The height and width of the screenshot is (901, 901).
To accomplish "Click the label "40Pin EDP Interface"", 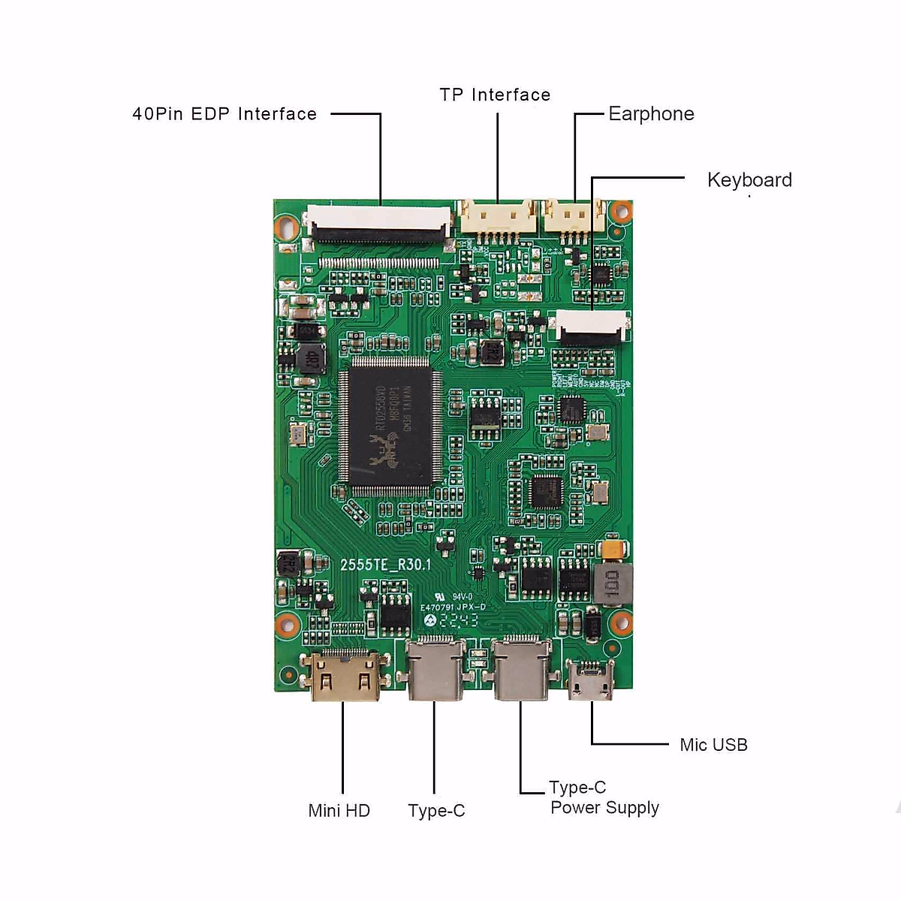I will pyautogui.click(x=224, y=114).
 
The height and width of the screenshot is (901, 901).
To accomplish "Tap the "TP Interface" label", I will pyautogui.click(x=495, y=95).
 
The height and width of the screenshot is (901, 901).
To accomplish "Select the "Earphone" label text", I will pyautogui.click(x=651, y=114).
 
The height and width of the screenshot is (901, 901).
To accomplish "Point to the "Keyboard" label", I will pyautogui.click(x=749, y=180).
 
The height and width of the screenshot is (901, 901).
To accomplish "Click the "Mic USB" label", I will pyautogui.click(x=713, y=745).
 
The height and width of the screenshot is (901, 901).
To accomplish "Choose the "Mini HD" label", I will pyautogui.click(x=339, y=811).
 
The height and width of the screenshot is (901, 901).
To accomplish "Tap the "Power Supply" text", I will pyautogui.click(x=604, y=808).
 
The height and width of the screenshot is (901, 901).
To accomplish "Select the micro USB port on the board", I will pyautogui.click(x=590, y=680).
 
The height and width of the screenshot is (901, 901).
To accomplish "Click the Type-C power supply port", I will pyautogui.click(x=521, y=668).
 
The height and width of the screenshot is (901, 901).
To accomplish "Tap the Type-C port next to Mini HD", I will pyautogui.click(x=435, y=668).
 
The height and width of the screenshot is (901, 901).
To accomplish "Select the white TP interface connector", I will pyautogui.click(x=498, y=217).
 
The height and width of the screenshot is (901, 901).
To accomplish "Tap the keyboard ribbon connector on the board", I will pyautogui.click(x=591, y=327).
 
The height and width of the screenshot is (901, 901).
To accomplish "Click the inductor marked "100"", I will pyautogui.click(x=611, y=584).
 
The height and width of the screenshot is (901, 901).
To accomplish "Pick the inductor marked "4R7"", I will pyautogui.click(x=310, y=359).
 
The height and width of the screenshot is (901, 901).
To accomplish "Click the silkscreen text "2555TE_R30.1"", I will pyautogui.click(x=386, y=565).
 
